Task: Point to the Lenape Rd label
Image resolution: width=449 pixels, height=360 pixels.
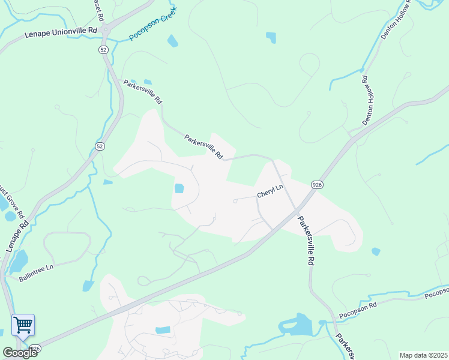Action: [x=17, y=237]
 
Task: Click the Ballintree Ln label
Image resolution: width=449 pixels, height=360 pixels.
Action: [x=37, y=273]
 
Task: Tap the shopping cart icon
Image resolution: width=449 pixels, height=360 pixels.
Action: [x=23, y=325]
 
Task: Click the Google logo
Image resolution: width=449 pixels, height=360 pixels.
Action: [x=20, y=352]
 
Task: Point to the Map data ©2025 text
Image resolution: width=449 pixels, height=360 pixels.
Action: [x=423, y=355]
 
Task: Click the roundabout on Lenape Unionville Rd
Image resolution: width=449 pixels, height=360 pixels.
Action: [x=106, y=29]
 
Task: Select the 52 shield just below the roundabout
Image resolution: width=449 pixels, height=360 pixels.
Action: [x=104, y=50]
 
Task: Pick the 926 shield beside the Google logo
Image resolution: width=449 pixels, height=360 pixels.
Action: [x=35, y=349]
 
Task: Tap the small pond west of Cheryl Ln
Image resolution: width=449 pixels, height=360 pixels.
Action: [x=179, y=188]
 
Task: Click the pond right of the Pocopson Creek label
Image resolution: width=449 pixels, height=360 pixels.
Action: [x=173, y=41]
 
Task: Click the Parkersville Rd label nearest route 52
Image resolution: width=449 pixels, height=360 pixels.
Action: [x=143, y=92]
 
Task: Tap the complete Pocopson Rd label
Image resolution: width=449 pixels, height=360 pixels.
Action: [x=358, y=311]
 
